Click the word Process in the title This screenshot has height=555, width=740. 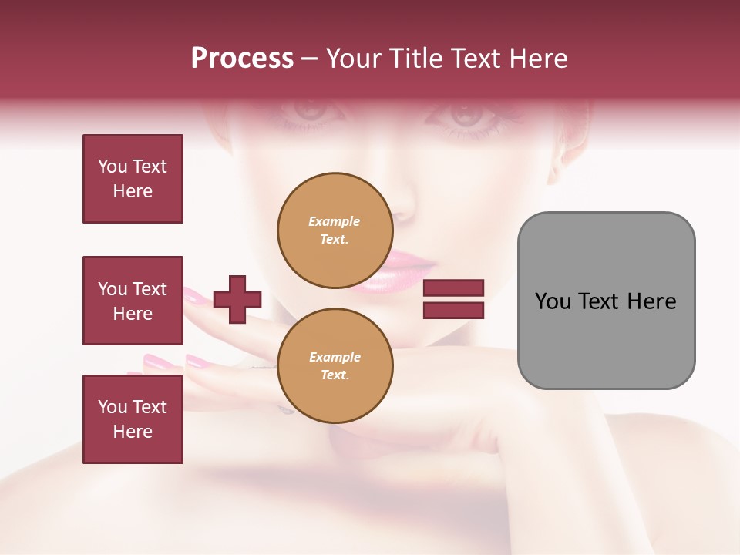click(242, 59)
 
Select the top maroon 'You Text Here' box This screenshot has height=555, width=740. click(133, 179)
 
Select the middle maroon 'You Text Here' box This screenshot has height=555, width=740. click(133, 301)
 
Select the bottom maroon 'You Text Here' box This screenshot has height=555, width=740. click(133, 419)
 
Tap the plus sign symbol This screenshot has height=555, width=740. click(237, 299)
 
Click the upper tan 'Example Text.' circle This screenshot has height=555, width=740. click(335, 230)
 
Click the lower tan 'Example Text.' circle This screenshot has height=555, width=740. click(335, 366)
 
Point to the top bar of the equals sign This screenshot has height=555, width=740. click(453, 288)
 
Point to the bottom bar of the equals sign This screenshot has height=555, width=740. click(453, 310)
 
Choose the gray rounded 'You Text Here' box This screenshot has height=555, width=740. click(606, 301)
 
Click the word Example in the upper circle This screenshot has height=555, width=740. click(335, 221)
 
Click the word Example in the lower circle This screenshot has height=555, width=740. click(335, 357)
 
